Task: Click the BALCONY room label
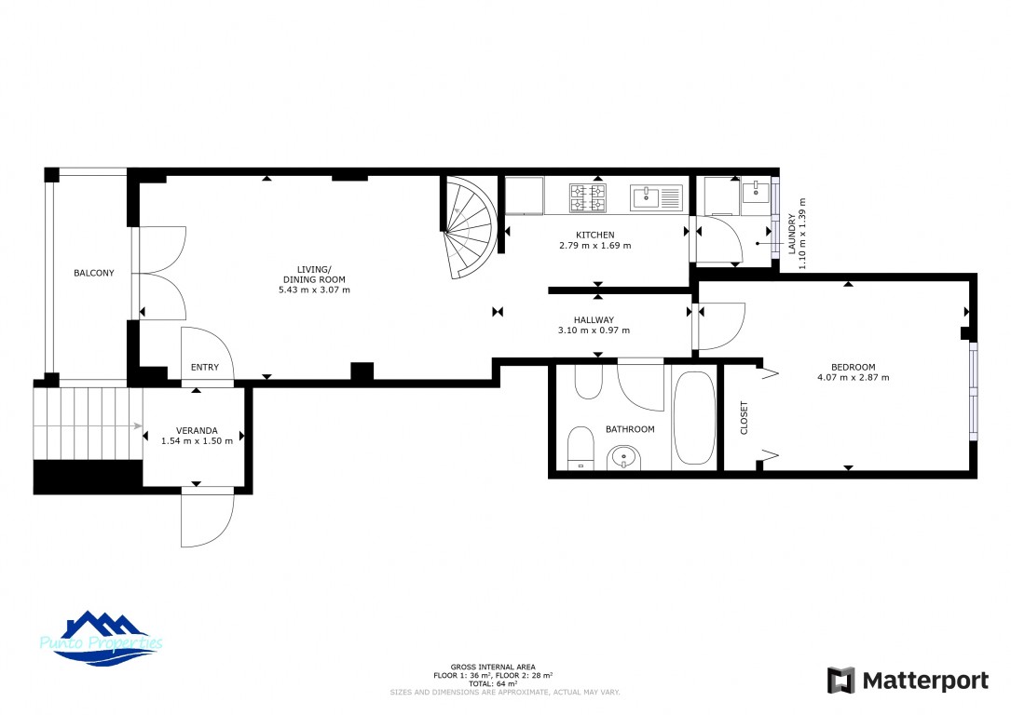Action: coord(93,273)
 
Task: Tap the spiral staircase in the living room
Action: coord(470,227)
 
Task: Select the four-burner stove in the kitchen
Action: coord(587,197)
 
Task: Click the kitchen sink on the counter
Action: coord(656,197)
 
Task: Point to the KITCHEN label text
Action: coord(595,236)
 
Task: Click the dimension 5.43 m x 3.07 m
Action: coord(315,290)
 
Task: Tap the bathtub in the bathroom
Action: coord(694,417)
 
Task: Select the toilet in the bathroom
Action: coord(581,448)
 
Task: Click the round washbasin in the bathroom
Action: coord(623,458)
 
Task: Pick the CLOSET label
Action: coord(745,417)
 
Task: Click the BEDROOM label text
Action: coord(853,367)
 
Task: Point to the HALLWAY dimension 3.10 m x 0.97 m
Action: coord(594,331)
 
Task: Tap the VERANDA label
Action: coord(197,430)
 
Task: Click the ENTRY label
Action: coord(205,367)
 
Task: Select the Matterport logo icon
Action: coord(840,681)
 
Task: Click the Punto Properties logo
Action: coord(102,639)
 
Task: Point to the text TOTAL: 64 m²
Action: coord(493,684)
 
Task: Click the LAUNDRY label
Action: coord(792,234)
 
